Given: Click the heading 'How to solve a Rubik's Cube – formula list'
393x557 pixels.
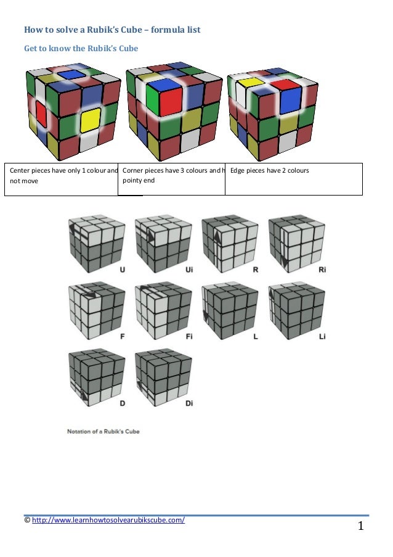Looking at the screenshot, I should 111,29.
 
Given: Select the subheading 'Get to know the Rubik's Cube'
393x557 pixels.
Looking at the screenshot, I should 81,48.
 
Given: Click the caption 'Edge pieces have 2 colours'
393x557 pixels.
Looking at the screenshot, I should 269,170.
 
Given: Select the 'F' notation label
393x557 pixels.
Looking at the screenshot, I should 123,337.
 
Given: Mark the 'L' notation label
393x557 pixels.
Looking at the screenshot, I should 256,337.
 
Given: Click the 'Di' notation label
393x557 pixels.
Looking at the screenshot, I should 189,403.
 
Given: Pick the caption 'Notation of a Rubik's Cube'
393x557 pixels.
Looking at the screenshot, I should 103,431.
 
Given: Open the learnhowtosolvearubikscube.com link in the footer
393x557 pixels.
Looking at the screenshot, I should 108,520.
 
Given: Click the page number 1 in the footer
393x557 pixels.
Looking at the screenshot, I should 361,526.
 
